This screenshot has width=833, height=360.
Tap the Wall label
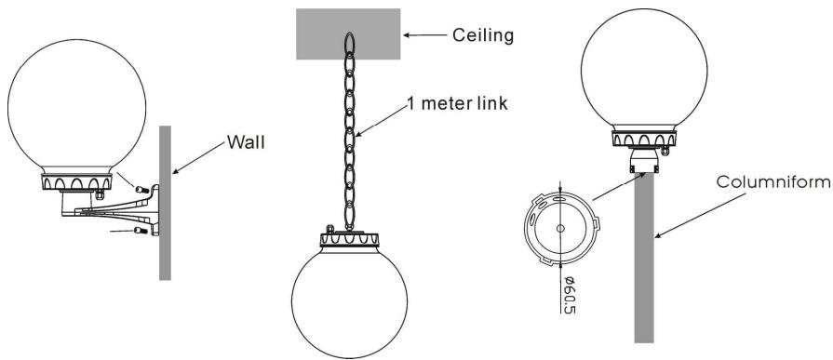coord(246,144)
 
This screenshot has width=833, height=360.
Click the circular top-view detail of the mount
coord(558,228)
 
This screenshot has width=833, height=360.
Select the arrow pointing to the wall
coord(198,159)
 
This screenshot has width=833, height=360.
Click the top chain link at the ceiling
coord(349,46)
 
